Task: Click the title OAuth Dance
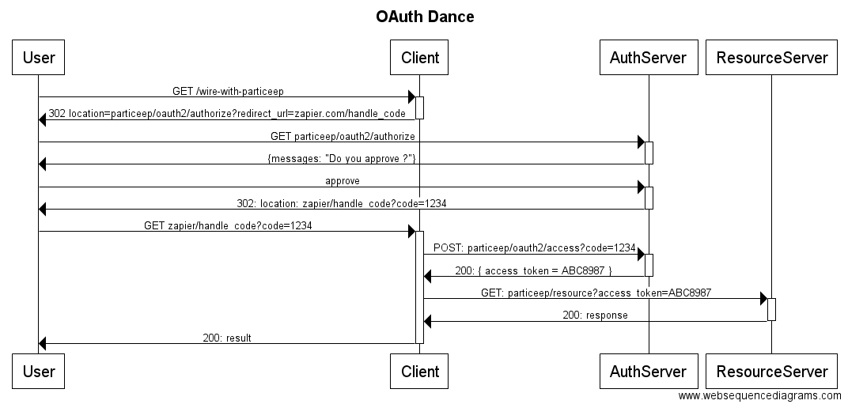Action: pos(425,17)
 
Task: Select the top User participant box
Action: pos(39,57)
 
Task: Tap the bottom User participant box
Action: pos(39,371)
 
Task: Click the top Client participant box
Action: pos(420,57)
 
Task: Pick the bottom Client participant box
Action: pos(420,371)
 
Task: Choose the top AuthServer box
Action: pos(649,57)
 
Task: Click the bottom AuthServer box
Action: pos(649,371)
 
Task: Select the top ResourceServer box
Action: pos(771,57)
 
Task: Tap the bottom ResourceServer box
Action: pos(771,371)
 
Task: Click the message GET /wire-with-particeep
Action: pos(228,92)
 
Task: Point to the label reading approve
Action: pos(343,181)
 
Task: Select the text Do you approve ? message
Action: pos(343,159)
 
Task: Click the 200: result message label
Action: pos(227,338)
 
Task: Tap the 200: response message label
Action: pos(595,315)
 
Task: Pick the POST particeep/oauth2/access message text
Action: pos(535,247)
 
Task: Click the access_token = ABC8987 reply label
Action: pos(533,270)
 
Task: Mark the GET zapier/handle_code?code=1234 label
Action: pos(228,225)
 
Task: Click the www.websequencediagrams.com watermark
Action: pos(760,395)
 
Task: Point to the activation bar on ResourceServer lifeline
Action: pos(771,309)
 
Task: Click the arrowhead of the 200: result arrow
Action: pos(43,343)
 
